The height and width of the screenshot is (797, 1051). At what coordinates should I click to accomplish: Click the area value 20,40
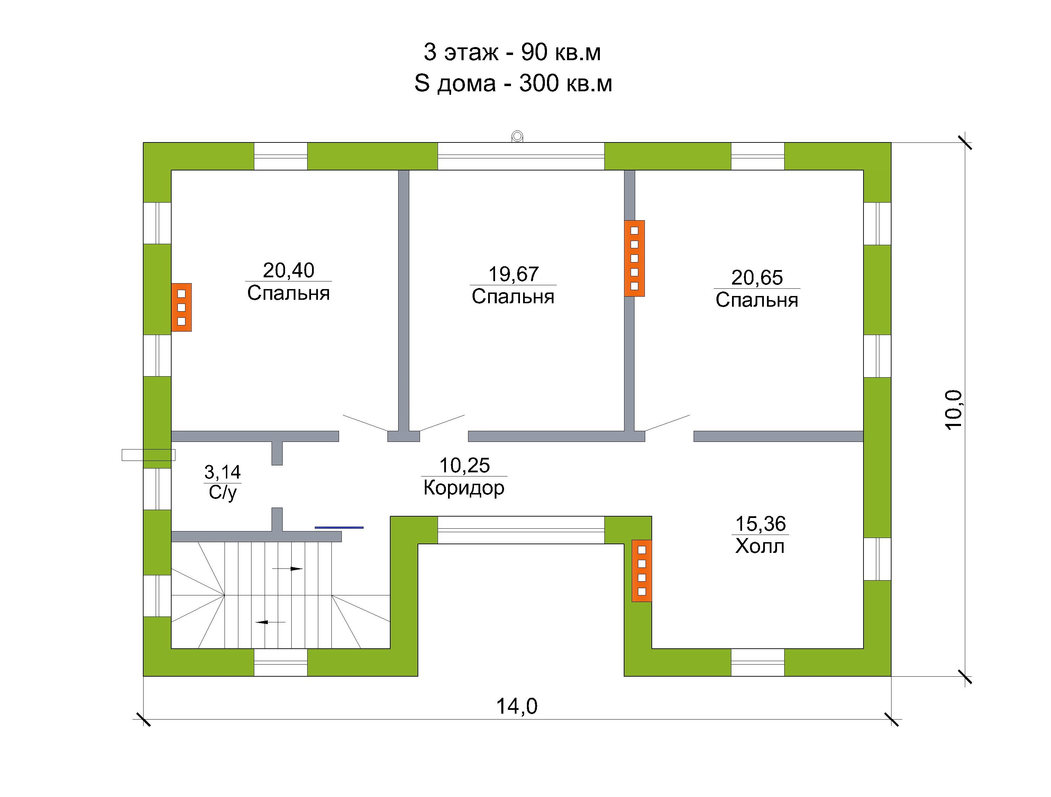click(289, 270)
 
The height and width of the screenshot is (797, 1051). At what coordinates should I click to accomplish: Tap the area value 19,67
click(514, 274)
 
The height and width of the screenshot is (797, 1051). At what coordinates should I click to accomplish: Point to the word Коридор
click(464, 488)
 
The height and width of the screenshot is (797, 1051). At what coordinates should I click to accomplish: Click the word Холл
click(760, 547)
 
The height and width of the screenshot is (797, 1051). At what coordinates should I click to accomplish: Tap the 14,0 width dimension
click(517, 706)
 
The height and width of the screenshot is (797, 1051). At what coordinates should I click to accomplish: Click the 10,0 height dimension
click(953, 410)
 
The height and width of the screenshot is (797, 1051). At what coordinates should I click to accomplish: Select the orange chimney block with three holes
click(182, 307)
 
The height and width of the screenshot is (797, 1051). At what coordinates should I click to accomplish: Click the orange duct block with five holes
click(634, 258)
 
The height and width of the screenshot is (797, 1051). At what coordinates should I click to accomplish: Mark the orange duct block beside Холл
click(641, 571)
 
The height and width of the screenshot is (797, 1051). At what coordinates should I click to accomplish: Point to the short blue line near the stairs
click(339, 527)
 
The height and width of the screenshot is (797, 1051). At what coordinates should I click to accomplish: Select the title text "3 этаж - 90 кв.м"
click(512, 52)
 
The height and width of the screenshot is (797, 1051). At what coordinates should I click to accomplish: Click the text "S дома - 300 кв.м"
click(513, 84)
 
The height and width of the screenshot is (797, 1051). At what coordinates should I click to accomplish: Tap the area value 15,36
click(760, 524)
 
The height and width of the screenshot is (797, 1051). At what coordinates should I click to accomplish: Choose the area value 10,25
click(464, 465)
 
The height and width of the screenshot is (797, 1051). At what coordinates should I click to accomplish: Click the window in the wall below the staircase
click(281, 662)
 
